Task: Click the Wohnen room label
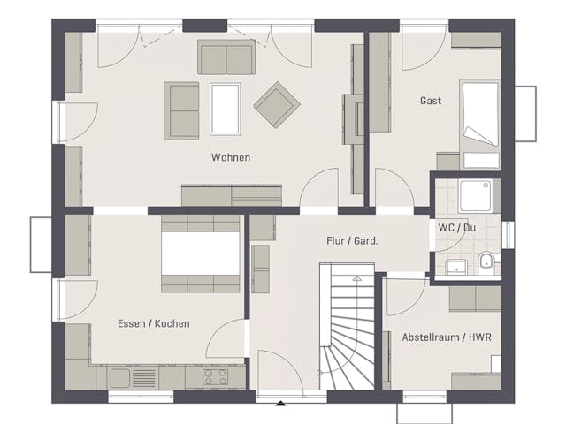[x=230, y=158]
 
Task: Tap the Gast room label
[x=431, y=101]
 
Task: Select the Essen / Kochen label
[x=153, y=323]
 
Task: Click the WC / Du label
[x=457, y=226]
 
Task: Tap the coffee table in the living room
[x=225, y=109]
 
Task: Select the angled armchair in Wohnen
[x=277, y=104]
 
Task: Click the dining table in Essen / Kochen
[x=200, y=254]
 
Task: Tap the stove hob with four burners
[x=214, y=377]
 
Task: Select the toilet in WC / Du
[x=486, y=262]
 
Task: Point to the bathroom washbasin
[x=456, y=266]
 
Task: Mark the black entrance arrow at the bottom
[x=281, y=404]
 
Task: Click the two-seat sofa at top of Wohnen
[x=226, y=57]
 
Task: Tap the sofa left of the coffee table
[x=181, y=110]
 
